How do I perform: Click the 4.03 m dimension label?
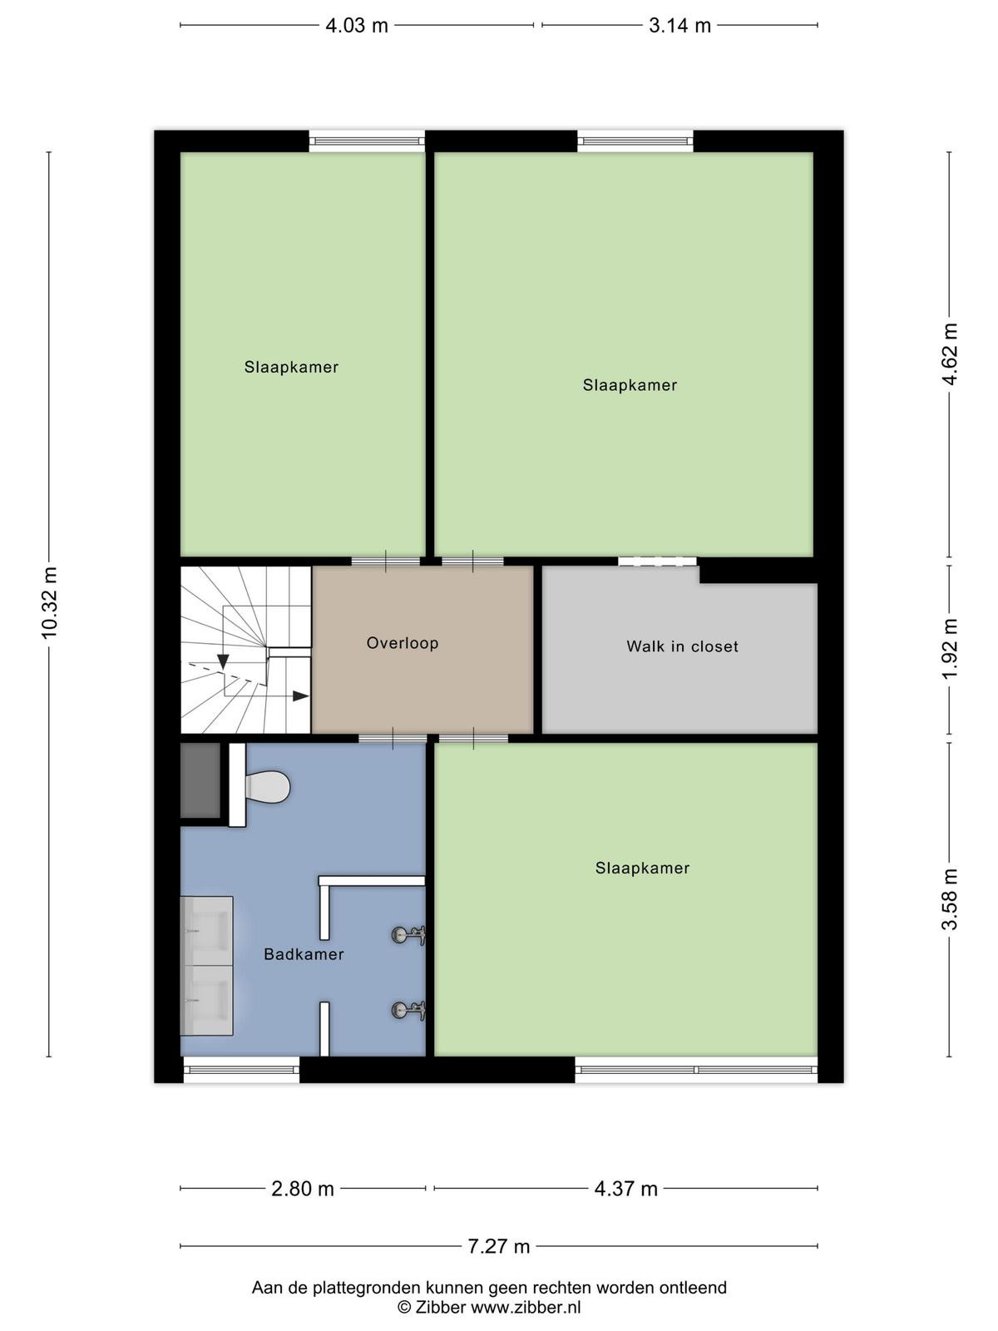356,26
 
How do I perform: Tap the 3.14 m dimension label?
679,26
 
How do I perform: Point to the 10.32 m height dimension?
49,603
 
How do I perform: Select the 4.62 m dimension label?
949,354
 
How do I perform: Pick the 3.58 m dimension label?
949,899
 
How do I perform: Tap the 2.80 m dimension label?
303,1189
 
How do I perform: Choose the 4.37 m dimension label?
626,1189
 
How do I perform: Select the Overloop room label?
403,643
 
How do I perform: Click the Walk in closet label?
682,646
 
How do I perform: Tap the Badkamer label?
304,954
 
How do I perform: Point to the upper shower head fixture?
408,935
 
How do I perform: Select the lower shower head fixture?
408,1010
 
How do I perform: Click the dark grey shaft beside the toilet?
200,780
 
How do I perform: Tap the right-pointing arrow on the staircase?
301,696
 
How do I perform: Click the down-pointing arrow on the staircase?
223,662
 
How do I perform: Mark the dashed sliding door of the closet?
658,562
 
